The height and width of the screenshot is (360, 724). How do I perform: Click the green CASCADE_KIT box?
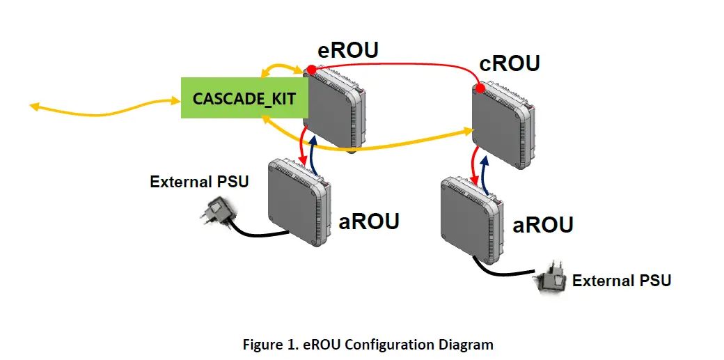pyautogui.click(x=239, y=98)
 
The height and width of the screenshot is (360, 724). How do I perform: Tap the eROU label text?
pyautogui.click(x=348, y=51)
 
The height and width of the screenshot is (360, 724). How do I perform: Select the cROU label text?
pyautogui.click(x=510, y=63)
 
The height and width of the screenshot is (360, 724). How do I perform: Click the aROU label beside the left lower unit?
pyautogui.click(x=369, y=221)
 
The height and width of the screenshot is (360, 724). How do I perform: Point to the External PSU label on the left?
pyautogui.click(x=199, y=182)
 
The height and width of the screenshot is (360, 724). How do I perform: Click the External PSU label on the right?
pyautogui.click(x=621, y=281)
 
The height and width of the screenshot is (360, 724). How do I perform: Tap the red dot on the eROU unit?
pyautogui.click(x=311, y=70)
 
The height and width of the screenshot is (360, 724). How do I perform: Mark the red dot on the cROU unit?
pyautogui.click(x=480, y=88)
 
